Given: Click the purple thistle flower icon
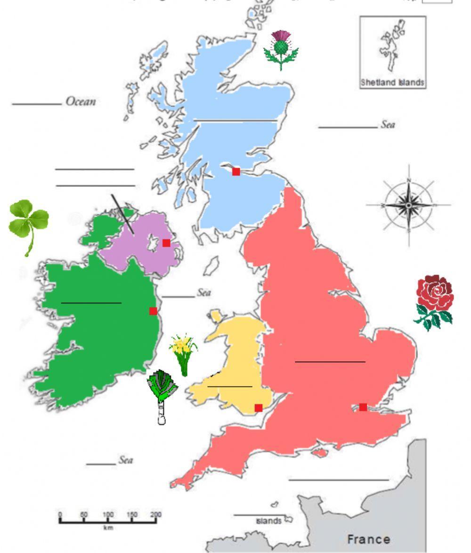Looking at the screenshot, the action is point(281,49).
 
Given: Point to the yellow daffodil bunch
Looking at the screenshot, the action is point(183,353).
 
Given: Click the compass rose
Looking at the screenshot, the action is point(408,205).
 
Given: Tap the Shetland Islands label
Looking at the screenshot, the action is point(392,82).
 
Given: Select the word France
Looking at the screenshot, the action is point(368,539).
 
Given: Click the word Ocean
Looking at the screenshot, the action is point(81,101).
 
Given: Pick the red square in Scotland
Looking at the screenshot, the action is point(236,171).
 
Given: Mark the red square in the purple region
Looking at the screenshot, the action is point(166,243).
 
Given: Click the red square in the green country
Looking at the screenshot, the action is point(153,311).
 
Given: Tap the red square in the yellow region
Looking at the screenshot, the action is point(258,407).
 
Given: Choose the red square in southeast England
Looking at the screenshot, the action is point(363,407).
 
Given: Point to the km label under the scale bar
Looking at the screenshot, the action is point(108,528).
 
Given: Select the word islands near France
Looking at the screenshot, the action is point(268,521).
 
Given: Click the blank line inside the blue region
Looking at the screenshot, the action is point(235,121).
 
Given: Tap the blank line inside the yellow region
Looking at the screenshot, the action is point(229,387).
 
